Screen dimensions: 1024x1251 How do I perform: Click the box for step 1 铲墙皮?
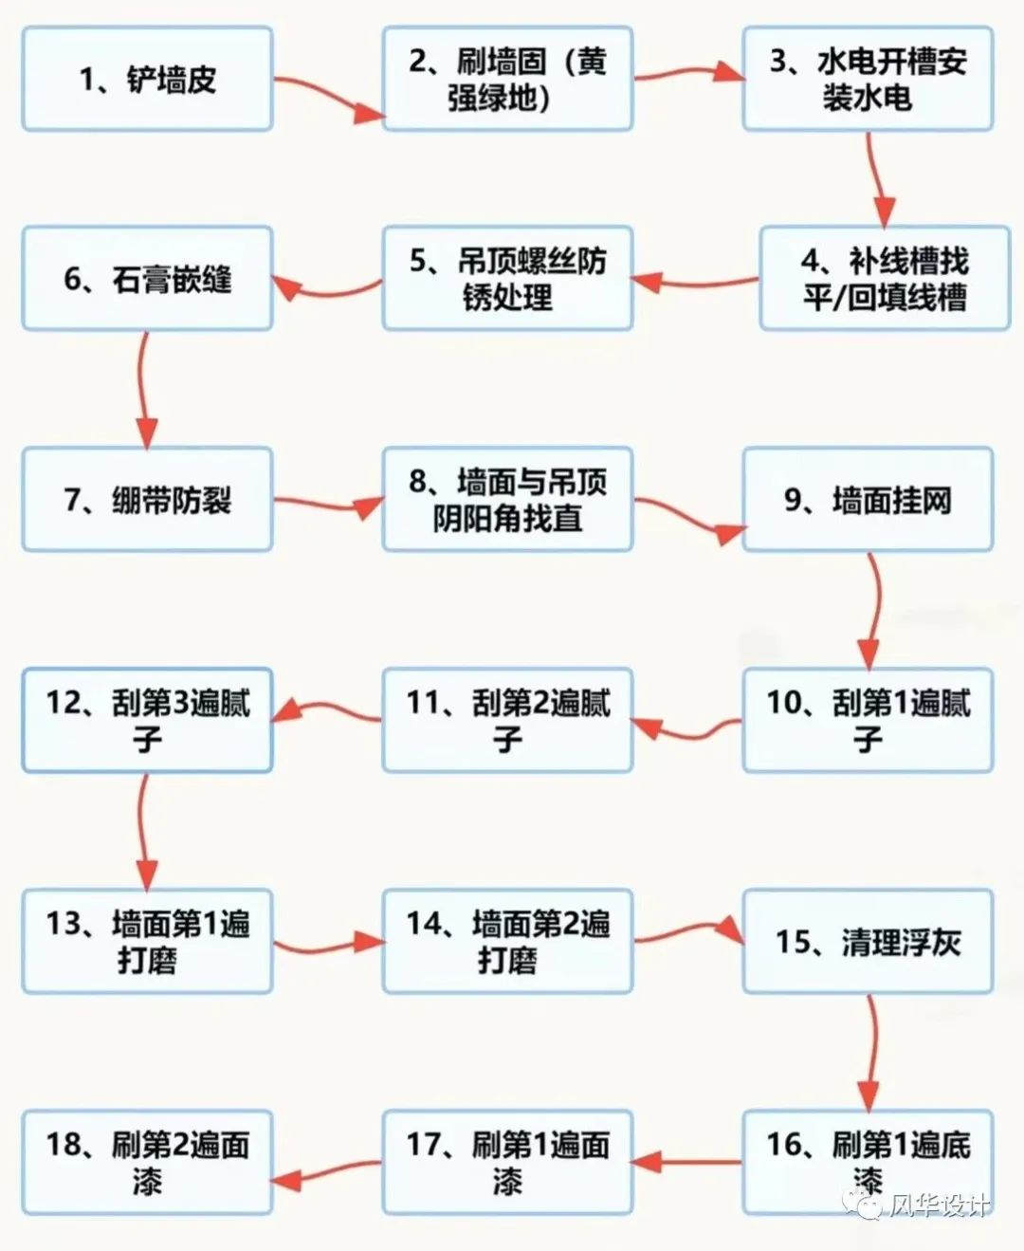pos(147,79)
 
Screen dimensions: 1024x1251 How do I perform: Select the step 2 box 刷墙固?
pos(507,79)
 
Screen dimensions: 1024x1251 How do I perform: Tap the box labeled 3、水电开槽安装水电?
pos(868,79)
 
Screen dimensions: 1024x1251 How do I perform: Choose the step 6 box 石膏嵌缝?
pos(147,278)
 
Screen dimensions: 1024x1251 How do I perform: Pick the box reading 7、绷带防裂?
pos(147,499)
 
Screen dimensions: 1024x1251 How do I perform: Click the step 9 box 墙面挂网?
pos(868,499)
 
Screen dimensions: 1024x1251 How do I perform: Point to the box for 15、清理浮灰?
pos(868,941)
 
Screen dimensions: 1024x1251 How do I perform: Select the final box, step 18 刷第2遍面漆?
pos(147,1162)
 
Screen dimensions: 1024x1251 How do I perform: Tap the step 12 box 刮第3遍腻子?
pos(147,720)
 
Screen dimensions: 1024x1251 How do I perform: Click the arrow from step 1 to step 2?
pos(329,95)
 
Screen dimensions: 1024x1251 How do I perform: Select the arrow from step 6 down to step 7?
pos(142,389)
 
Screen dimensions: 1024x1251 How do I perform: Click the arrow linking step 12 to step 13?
pos(142,831)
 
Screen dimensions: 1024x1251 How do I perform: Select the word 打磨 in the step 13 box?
pos(146,961)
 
